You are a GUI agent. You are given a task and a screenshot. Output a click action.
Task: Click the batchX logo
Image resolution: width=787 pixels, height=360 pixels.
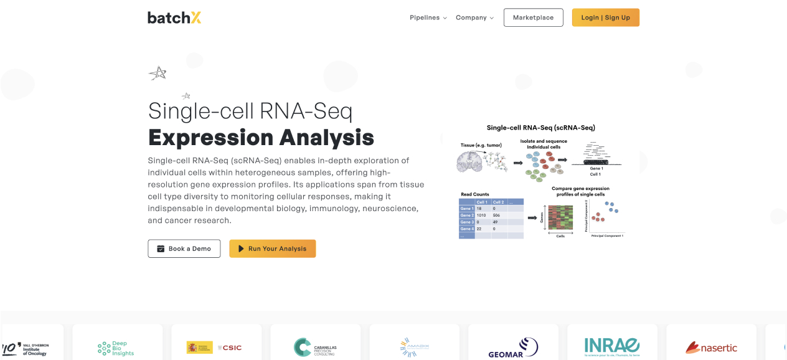(174, 17)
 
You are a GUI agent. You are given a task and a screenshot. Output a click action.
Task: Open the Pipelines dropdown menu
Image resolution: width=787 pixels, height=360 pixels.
(428, 17)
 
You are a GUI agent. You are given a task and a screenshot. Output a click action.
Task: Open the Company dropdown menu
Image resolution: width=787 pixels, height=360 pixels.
(474, 17)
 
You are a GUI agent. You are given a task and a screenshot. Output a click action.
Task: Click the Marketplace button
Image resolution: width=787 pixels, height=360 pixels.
(533, 17)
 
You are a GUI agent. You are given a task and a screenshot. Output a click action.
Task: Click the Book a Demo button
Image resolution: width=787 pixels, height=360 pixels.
(184, 249)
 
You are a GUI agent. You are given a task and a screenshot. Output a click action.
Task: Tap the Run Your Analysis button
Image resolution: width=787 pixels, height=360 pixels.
(272, 249)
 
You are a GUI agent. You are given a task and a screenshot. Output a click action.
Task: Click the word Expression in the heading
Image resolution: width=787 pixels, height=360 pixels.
(210, 137)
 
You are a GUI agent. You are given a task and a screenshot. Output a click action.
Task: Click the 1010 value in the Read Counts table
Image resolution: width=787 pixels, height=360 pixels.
(481, 215)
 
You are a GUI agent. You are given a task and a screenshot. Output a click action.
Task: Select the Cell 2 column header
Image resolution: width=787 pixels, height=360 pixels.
(498, 202)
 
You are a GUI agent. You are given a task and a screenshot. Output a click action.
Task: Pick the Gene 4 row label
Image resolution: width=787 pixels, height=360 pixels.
(467, 229)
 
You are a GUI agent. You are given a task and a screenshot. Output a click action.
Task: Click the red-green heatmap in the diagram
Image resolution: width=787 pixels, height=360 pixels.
(560, 218)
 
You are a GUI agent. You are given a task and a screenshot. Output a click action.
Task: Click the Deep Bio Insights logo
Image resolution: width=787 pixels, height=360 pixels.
(116, 348)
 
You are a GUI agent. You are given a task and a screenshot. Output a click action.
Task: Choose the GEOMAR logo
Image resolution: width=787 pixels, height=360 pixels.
(512, 348)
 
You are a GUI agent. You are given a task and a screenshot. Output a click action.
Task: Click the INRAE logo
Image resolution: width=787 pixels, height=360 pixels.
(611, 346)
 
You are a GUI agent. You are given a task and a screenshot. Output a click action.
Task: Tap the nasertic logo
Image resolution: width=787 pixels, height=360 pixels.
(711, 348)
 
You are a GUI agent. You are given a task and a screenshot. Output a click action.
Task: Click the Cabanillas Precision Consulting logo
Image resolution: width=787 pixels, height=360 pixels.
(314, 347)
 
